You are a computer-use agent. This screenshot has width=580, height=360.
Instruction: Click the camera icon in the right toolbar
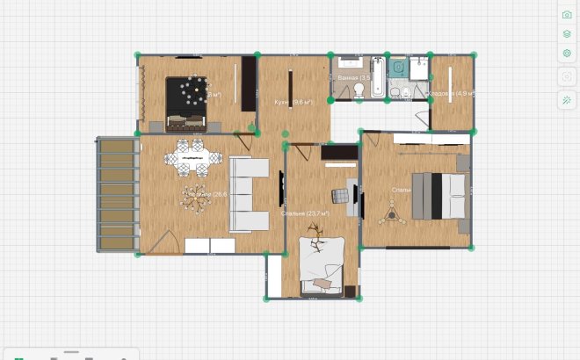point(567,15)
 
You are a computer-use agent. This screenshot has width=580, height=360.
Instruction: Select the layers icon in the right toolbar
point(567,34)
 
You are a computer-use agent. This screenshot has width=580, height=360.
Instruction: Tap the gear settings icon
point(567,54)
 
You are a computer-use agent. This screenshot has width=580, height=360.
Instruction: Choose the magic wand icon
point(567,99)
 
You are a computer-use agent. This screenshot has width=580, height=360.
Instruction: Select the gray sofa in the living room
point(249,194)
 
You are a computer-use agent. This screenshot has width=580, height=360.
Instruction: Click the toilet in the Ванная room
point(359,89)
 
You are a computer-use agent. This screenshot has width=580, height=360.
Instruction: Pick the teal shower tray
point(398,68)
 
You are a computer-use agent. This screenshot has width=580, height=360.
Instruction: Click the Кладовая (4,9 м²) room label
point(451,93)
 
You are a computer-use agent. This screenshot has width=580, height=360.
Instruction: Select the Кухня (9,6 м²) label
point(294,103)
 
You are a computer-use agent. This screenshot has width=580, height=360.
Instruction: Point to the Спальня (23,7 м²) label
point(305,213)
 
